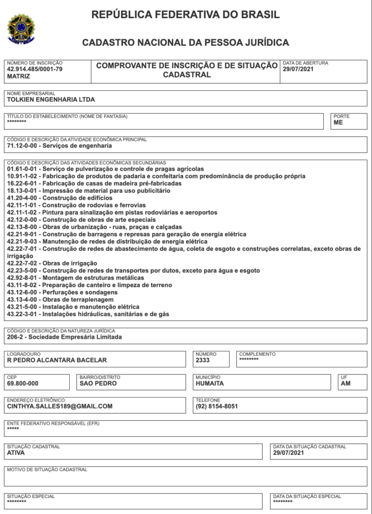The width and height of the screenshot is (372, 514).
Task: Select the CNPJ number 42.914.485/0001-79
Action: (35, 69)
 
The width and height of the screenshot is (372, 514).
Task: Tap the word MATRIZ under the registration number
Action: (19, 77)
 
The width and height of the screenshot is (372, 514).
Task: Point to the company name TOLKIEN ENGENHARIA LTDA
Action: (51, 100)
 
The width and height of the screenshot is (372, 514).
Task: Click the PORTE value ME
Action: (338, 122)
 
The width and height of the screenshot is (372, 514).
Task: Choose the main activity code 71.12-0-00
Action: (22, 147)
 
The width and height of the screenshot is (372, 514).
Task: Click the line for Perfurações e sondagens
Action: (62, 293)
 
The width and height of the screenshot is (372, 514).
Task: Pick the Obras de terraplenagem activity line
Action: (60, 300)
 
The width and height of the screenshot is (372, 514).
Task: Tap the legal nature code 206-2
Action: (16, 337)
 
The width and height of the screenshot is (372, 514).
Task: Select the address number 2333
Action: (203, 360)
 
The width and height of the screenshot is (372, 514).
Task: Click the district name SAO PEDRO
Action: (98, 383)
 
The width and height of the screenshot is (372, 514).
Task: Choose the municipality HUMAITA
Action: (210, 383)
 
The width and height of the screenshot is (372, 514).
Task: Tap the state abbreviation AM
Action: (345, 383)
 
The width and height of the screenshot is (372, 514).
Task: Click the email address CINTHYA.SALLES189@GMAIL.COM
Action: (60, 407)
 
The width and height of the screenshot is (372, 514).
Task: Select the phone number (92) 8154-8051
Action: (217, 407)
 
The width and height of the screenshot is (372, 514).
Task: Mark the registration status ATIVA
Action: (16, 453)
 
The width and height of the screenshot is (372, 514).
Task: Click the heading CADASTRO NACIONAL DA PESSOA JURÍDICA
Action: (185, 43)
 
